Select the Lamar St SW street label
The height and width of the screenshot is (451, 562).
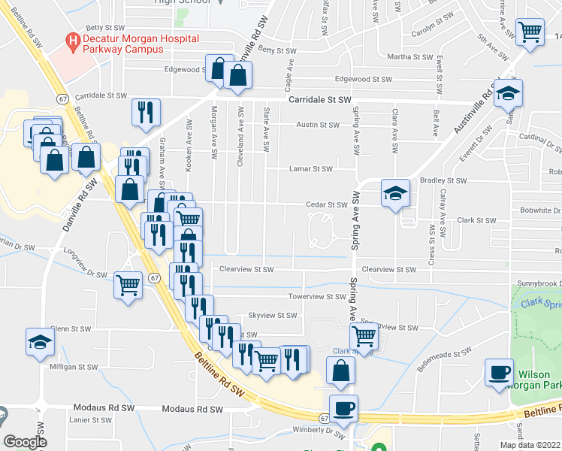(x=310, y=169)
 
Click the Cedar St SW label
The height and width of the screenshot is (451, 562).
(x=326, y=204)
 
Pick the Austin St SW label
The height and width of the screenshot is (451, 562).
(x=319, y=126)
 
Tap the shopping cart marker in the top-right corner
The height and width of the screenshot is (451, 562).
(x=530, y=32)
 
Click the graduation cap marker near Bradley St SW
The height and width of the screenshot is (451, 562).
(x=395, y=193)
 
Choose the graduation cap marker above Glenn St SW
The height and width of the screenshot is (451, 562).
(x=40, y=342)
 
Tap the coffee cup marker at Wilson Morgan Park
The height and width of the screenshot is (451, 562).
(x=498, y=372)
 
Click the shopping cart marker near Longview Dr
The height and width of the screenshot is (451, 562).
(x=128, y=284)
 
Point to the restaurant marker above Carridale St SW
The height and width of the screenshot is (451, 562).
(x=145, y=112)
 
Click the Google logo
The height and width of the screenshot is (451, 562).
(x=25, y=442)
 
